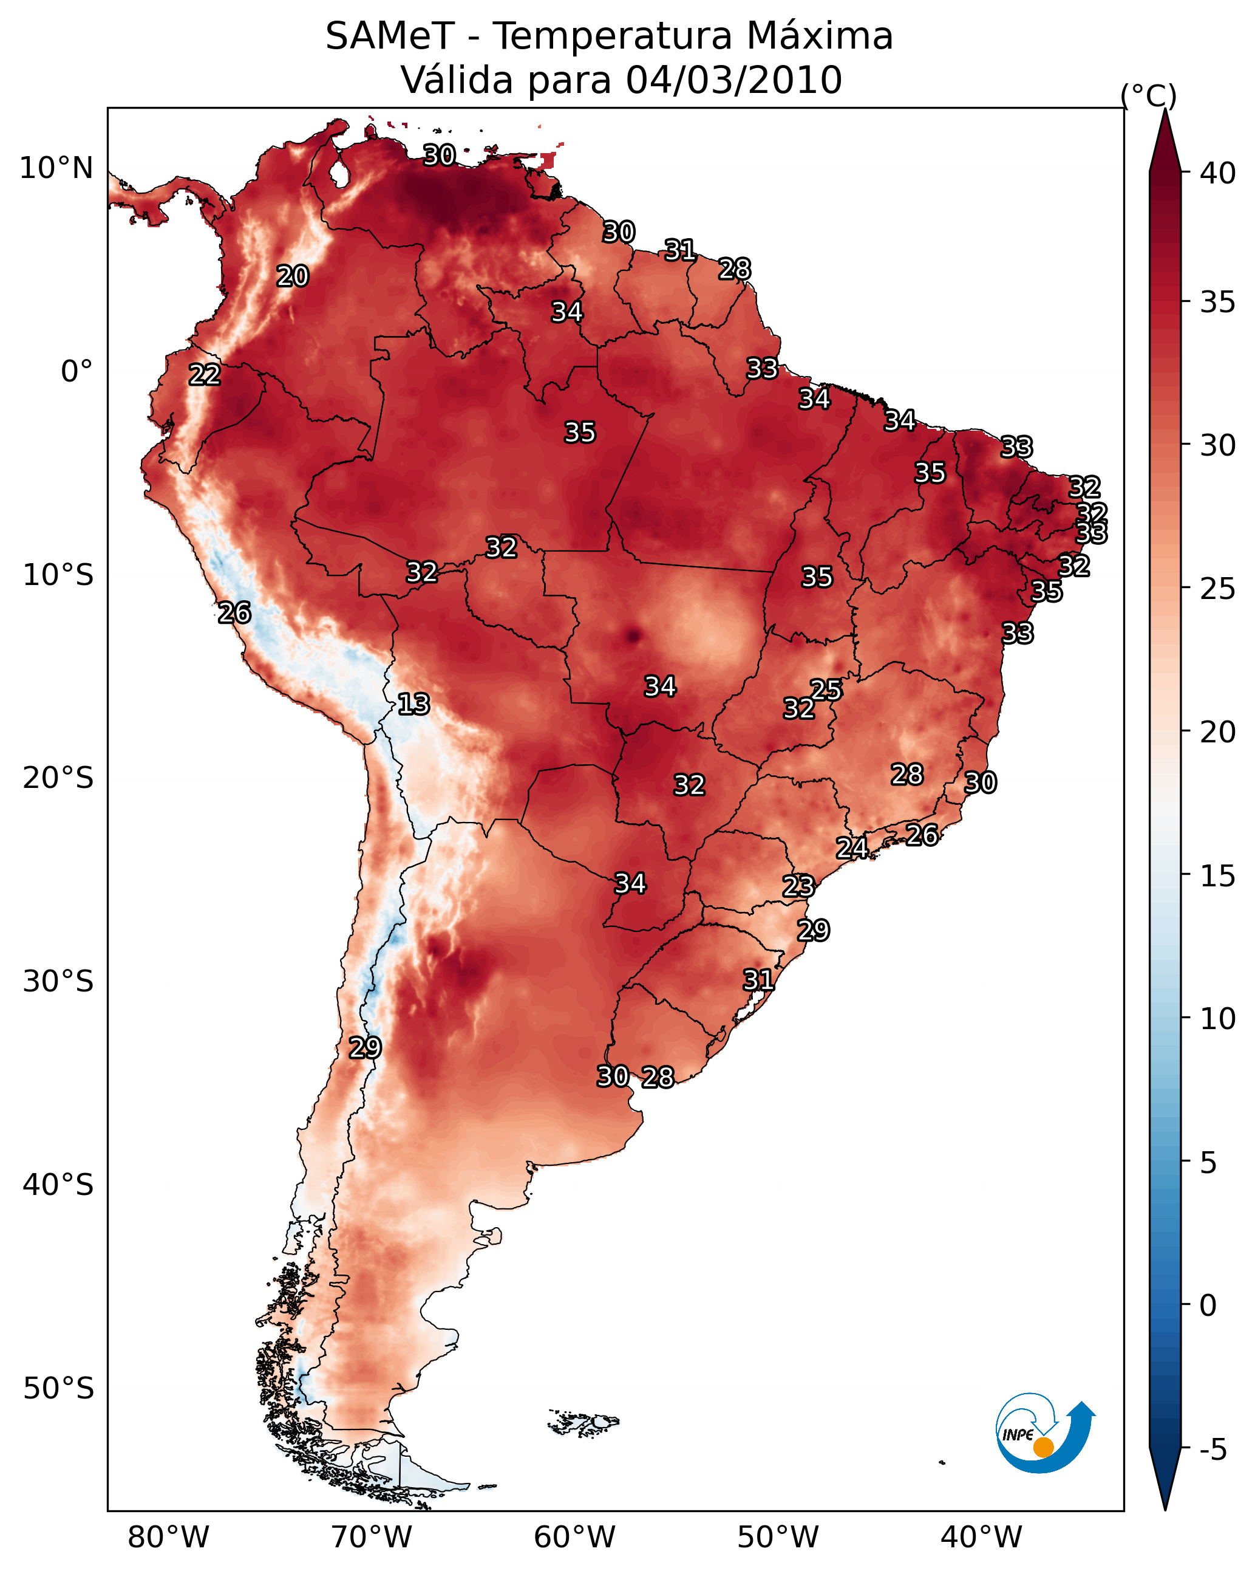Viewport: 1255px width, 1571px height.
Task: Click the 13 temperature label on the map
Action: click(413, 705)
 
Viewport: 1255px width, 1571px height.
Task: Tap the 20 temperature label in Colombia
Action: click(293, 276)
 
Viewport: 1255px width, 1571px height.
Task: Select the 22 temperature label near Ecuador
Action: click(205, 375)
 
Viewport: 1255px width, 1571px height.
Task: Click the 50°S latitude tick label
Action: click(58, 1389)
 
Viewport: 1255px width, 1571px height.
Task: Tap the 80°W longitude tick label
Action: click(168, 1538)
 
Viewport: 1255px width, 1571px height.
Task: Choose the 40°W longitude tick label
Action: click(981, 1538)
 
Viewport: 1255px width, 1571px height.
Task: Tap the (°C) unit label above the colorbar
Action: click(1149, 95)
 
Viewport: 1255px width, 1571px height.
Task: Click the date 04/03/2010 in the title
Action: click(733, 80)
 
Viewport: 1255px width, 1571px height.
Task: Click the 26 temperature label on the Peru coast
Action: click(234, 613)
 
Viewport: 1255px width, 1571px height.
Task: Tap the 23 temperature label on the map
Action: click(798, 886)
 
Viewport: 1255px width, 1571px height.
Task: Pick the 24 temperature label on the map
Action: click(851, 848)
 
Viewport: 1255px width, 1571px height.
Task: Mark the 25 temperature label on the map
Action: click(826, 690)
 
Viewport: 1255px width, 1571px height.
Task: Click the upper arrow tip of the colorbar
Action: click(1165, 109)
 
